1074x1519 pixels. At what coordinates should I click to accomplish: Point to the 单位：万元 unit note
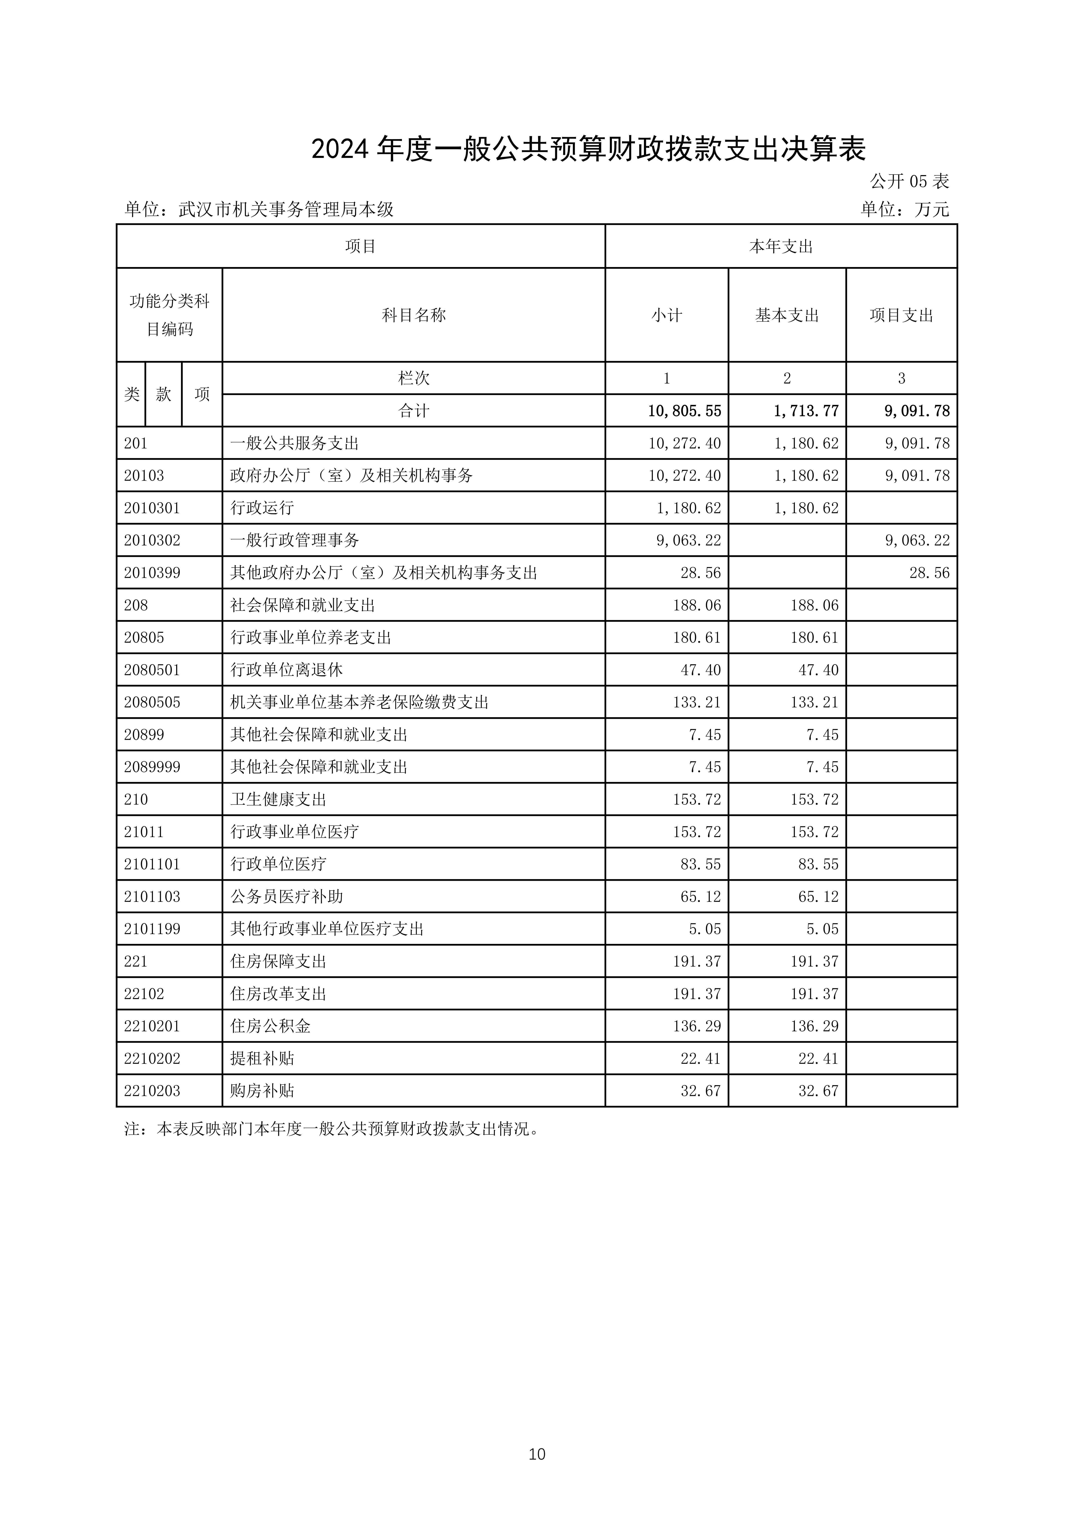[x=905, y=210]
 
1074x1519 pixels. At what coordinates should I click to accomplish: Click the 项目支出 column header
[x=901, y=316]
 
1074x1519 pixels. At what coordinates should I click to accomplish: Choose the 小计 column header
[x=666, y=316]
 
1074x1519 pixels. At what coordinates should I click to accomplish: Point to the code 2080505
[x=152, y=703]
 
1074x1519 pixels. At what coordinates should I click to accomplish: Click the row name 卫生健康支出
[x=278, y=800]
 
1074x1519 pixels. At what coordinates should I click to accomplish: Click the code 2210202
[x=152, y=1059]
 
